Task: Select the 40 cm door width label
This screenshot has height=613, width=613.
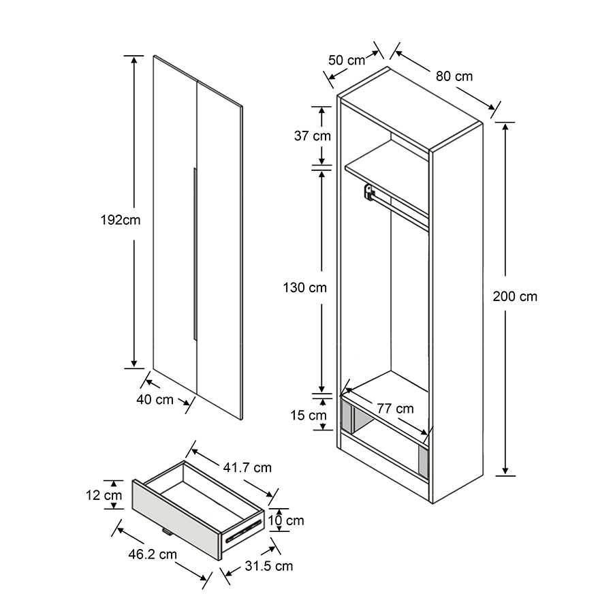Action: pos(155,400)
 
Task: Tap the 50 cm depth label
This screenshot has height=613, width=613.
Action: pos(347,60)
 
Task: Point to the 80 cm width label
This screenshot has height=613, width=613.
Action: pos(454,76)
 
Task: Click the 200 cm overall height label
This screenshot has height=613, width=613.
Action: pos(515,296)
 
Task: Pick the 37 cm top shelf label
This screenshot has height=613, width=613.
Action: pos(312,136)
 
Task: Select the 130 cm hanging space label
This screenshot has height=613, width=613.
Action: pos(304,287)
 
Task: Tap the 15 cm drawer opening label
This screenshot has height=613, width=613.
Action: pos(308,415)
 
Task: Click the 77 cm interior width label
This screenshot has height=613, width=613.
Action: pos(395,409)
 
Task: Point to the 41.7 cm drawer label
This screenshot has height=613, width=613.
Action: pos(247,467)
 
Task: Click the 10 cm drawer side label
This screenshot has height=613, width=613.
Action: pos(285,521)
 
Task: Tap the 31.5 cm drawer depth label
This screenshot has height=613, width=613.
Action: pos(270,566)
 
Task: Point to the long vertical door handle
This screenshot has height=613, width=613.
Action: pos(195,252)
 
